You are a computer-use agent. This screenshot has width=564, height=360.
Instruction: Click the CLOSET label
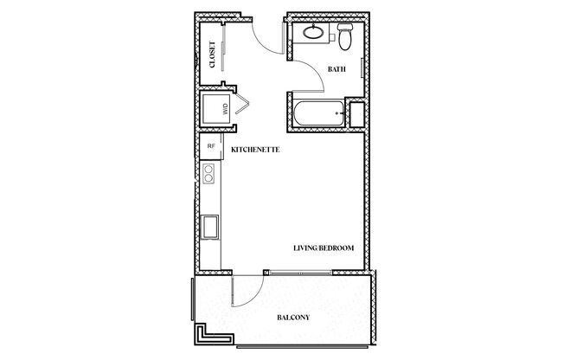pyautogui.click(x=213, y=55)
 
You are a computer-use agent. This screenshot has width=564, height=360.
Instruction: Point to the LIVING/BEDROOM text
pyautogui.click(x=324, y=249)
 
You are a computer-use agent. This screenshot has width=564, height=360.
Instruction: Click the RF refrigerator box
pyautogui.click(x=210, y=146)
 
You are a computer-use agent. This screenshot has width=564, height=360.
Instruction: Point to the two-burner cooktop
pyautogui.click(x=208, y=174)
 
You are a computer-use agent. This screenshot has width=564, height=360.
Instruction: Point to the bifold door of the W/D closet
pyautogui.click(x=241, y=104)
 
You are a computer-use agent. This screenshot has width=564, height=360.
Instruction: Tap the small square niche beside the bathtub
pyautogui.click(x=354, y=112)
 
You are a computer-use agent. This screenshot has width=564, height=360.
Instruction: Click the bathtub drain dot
pyautogui.click(x=336, y=112)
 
